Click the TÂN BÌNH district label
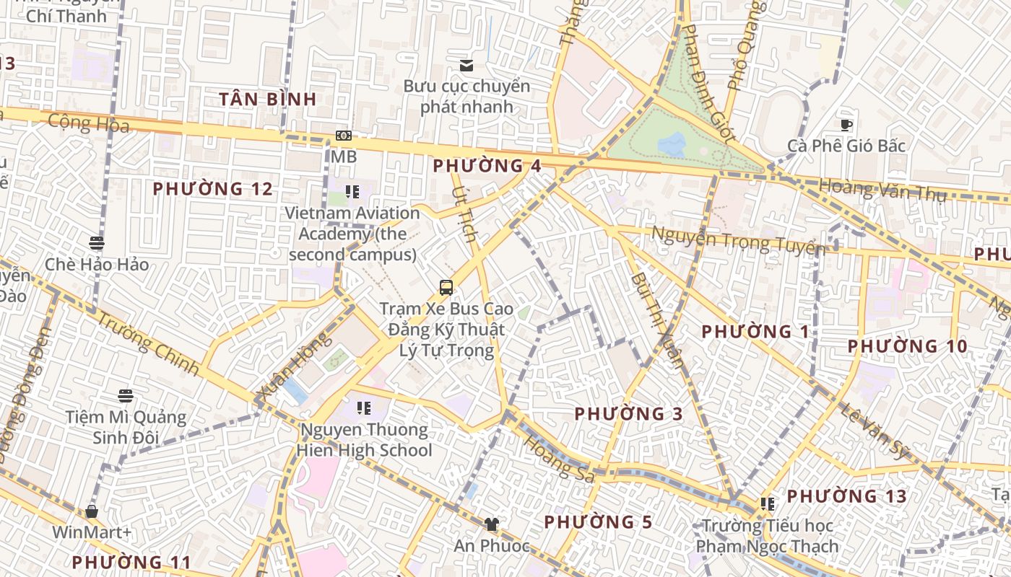268,100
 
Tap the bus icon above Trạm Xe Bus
446,288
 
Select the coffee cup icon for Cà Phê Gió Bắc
846,125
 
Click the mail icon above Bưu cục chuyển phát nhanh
467,66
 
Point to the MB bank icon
344,136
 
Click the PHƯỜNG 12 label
213,189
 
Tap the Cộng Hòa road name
89,123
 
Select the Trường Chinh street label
147,343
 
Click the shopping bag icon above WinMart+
92,512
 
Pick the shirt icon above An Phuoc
492,524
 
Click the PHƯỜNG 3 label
628,414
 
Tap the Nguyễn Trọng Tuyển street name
738,239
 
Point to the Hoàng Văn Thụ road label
882,190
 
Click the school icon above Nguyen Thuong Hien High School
364,408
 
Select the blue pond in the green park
672,145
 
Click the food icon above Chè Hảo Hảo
97,243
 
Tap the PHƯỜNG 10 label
907,346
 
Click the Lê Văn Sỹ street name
874,431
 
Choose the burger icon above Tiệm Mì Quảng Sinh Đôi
126,396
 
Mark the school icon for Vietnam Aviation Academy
352,192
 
